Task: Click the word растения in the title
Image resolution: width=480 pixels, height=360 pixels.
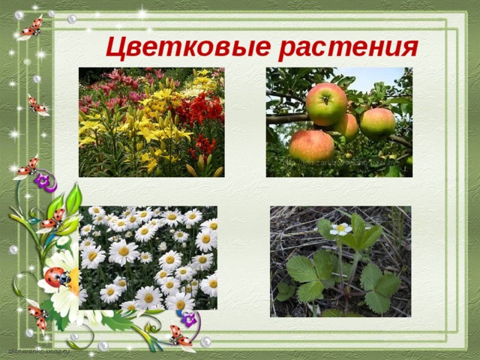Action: [x=346, y=46]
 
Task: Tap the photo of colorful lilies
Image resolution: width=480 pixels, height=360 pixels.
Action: [x=151, y=122]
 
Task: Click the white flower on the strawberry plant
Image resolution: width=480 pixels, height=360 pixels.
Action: [x=341, y=228]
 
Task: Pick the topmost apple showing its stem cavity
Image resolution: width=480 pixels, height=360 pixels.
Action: [x=326, y=104]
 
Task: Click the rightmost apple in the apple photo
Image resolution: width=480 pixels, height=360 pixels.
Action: [x=377, y=123]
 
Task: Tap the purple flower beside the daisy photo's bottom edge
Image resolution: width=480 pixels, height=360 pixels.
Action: [x=189, y=319]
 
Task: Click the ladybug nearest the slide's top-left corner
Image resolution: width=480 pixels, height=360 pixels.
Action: [x=31, y=27]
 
